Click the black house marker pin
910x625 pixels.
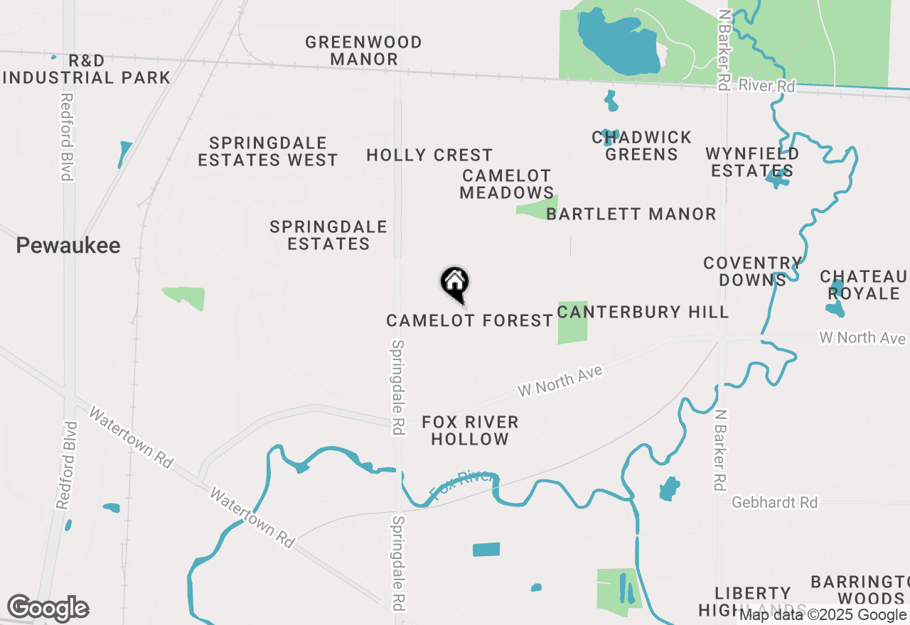coord(455,283)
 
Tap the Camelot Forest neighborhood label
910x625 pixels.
coord(469,321)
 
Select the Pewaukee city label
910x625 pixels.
coord(68,246)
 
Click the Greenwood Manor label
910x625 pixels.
coord(363,50)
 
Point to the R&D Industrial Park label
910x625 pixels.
coord(87,69)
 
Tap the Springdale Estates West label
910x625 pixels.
coord(268,151)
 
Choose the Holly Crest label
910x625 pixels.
coord(429,155)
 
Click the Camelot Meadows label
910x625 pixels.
coord(506,184)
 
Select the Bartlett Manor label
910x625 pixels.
coord(631,214)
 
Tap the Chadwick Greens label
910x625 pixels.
coord(642,146)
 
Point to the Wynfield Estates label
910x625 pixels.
coord(752,162)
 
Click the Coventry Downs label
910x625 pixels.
coord(752,271)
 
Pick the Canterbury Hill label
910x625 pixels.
coord(643,312)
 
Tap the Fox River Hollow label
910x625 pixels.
coord(470,430)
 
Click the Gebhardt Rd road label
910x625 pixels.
coord(775,503)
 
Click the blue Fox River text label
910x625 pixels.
coord(462,484)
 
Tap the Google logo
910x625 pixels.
coord(48,609)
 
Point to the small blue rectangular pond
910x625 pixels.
coord(486,549)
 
